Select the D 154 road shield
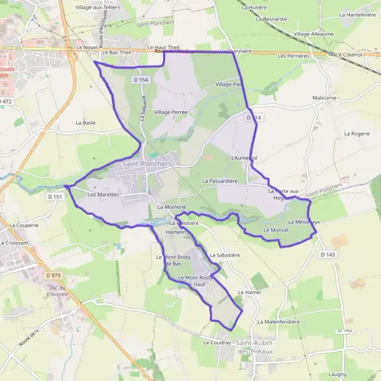pyautogui.click(x=141, y=79)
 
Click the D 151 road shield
pyautogui.click(x=56, y=197)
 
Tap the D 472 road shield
pyautogui.click(x=5, y=101)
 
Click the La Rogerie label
pyautogui.click(x=356, y=134)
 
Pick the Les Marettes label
pyautogui.click(x=104, y=195)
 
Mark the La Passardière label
pyautogui.click(x=220, y=181)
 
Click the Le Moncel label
pyautogui.click(x=276, y=229)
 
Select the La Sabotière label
pyautogui.click(x=224, y=255)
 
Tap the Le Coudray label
pyautogui.click(x=217, y=342)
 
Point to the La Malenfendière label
pyautogui.click(x=278, y=322)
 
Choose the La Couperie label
pyautogui.click(x=24, y=225)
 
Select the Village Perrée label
pyautogui.click(x=170, y=112)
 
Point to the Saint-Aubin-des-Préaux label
pyautogui.click(x=255, y=347)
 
